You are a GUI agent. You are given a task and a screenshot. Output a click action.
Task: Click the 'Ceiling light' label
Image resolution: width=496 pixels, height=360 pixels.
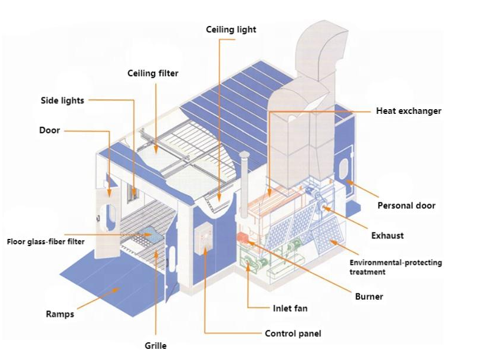pyautogui.click(x=231, y=29)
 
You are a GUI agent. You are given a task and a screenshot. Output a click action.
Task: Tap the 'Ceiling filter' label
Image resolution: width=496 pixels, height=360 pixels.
pyautogui.click(x=153, y=74)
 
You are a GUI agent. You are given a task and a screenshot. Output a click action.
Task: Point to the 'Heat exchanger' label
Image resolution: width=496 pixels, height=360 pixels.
pyautogui.click(x=408, y=111)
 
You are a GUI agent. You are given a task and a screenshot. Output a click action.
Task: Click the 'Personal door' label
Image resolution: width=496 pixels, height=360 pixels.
pyautogui.click(x=406, y=205)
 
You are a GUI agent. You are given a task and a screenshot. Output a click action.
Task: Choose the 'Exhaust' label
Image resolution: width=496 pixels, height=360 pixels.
pyautogui.click(x=387, y=235)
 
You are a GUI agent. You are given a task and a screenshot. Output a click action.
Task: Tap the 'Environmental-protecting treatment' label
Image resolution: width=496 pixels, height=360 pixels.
pyautogui.click(x=395, y=267)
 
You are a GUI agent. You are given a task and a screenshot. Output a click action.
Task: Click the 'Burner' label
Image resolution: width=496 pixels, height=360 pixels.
pyautogui.click(x=369, y=296)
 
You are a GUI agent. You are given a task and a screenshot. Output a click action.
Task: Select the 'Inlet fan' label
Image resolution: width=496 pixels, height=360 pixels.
pyautogui.click(x=290, y=308)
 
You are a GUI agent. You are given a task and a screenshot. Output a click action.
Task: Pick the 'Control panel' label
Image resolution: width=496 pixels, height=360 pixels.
pyautogui.click(x=293, y=333)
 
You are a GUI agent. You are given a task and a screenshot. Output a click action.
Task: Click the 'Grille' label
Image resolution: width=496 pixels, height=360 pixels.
pyautogui.click(x=155, y=346)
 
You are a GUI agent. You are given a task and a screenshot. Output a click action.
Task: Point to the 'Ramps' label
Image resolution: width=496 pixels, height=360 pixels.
pyautogui.click(x=60, y=314)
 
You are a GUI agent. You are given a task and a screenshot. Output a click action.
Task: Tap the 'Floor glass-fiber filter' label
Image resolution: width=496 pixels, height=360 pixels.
pyautogui.click(x=45, y=241)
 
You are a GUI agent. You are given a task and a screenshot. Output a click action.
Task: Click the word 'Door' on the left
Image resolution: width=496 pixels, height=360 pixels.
pyautogui.click(x=50, y=130)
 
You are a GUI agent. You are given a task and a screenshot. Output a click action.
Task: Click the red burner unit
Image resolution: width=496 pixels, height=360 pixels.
pyautogui.click(x=242, y=237)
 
